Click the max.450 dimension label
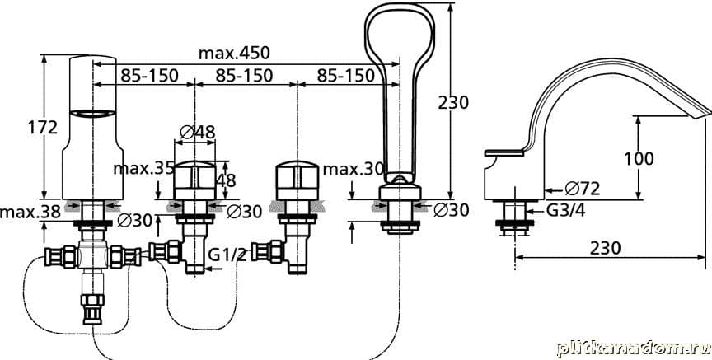tap(234, 54)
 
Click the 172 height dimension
tap(43, 128)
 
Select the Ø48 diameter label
tap(198, 132)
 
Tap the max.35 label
tap(143, 169)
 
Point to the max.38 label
tap(30, 212)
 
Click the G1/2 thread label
tap(227, 255)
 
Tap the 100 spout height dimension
tap(639, 159)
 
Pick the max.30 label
tap(354, 170)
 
